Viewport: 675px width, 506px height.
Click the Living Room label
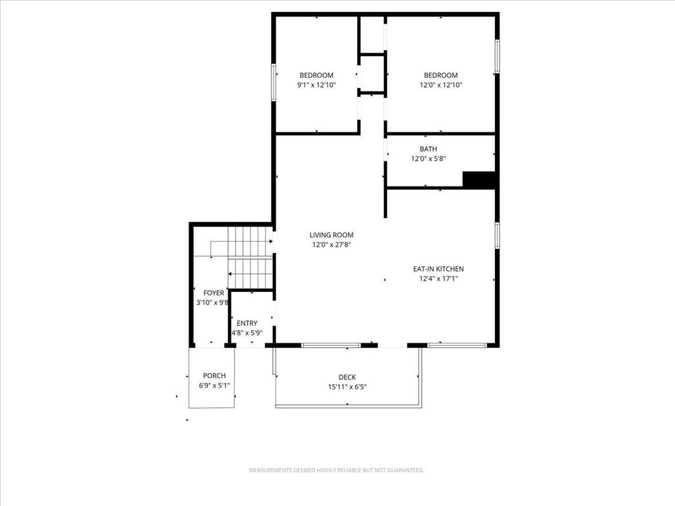click(x=332, y=235)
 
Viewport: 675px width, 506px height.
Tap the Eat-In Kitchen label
click(x=438, y=269)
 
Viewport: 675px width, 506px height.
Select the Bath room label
click(x=428, y=149)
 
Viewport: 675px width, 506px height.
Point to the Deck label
click(x=347, y=378)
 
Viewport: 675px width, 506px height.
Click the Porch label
click(x=214, y=376)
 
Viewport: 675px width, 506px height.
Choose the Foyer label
click(x=214, y=293)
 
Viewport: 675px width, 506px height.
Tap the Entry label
click(x=247, y=323)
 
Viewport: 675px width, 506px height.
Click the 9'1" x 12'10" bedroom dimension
click(x=316, y=85)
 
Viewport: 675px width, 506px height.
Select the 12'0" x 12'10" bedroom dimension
click(x=441, y=85)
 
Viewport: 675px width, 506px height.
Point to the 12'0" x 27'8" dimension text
click(x=332, y=245)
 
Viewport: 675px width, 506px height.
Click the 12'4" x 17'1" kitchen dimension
click(x=438, y=279)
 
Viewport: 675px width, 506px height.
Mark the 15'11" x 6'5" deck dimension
click(x=347, y=387)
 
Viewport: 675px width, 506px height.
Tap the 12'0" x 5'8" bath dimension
click(x=428, y=159)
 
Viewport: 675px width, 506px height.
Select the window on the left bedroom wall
click(x=274, y=82)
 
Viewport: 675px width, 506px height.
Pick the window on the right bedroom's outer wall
click(x=497, y=57)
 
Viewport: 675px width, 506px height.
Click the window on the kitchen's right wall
click(x=497, y=235)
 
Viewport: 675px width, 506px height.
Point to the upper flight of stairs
click(x=250, y=242)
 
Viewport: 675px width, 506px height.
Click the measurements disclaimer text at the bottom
click(x=336, y=470)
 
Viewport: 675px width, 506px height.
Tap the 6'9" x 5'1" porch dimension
click(x=214, y=385)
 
